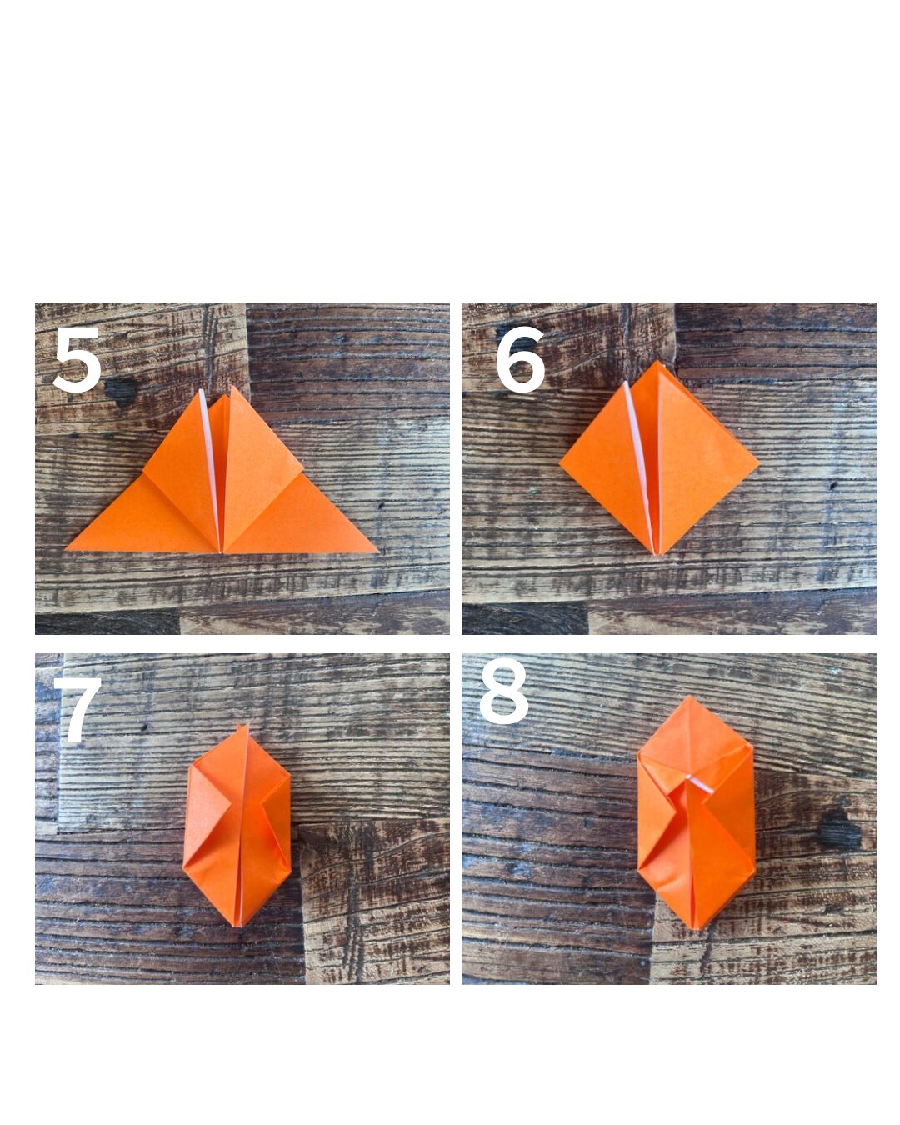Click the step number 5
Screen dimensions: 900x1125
coord(77,359)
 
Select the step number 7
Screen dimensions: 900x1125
coord(77,709)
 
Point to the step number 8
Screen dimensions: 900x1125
coord(503,691)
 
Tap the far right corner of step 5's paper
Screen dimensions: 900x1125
coord(377,551)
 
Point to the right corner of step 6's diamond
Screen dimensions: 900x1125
coord(757,462)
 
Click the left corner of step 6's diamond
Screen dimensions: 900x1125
coord(559,462)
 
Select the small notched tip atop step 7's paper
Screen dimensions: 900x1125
coord(242,727)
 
